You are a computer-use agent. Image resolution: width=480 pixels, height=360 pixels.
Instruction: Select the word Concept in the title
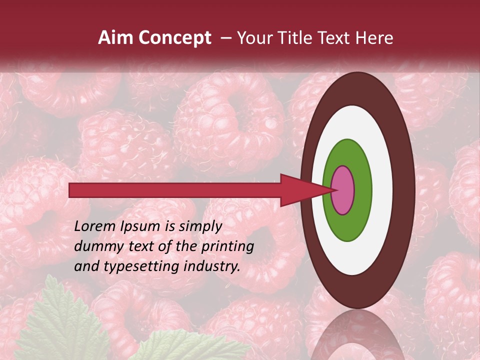pos(174,38)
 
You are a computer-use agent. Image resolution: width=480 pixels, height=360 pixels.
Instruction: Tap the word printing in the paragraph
pos(229,246)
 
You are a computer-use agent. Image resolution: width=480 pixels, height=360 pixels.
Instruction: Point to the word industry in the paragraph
pos(212,266)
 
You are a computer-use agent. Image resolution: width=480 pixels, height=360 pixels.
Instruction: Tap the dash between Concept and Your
pos(226,38)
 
